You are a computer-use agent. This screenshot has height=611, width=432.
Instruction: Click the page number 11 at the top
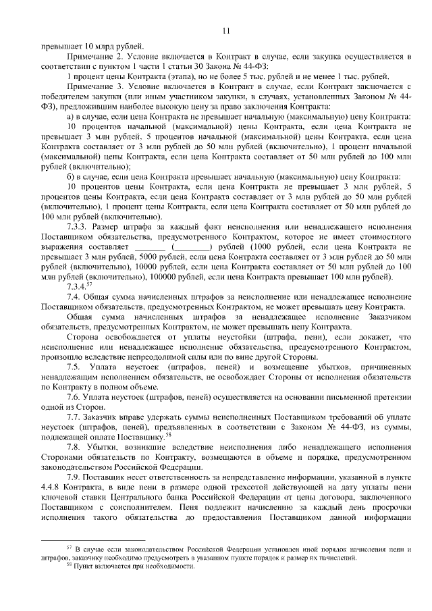click(225, 29)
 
